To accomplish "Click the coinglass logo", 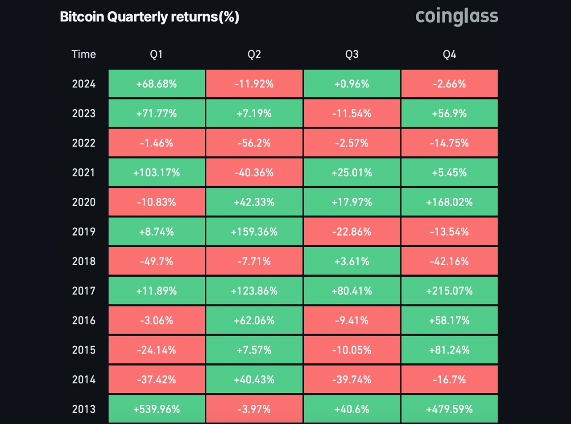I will click(x=456, y=17).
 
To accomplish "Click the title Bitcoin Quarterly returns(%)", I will click(x=149, y=17).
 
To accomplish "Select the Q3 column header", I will click(x=352, y=54).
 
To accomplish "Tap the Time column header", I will click(x=83, y=54).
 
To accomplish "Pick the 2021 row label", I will click(x=83, y=172).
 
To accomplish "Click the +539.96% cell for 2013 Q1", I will click(x=157, y=409).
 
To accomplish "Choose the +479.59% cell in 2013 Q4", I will click(x=449, y=409).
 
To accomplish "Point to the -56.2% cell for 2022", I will click(x=254, y=143).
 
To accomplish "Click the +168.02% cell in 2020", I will click(x=449, y=202).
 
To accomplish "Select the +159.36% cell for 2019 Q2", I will click(x=254, y=232).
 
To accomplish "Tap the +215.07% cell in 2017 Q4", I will click(x=449, y=291).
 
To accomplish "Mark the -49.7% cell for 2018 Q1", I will click(x=157, y=261).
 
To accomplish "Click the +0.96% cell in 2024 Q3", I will click(x=352, y=84).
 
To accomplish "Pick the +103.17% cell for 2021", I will click(x=157, y=172).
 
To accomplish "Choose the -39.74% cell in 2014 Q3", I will click(x=352, y=379).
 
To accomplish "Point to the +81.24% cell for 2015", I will click(x=449, y=350).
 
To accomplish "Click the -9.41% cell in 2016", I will click(x=352, y=320).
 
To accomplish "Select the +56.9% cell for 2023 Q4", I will click(x=449, y=113).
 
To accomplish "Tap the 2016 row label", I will click(x=83, y=320).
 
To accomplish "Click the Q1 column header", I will click(x=157, y=54).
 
